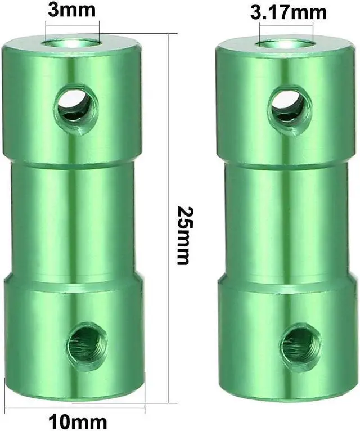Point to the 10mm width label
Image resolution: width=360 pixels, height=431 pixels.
(74, 420)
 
